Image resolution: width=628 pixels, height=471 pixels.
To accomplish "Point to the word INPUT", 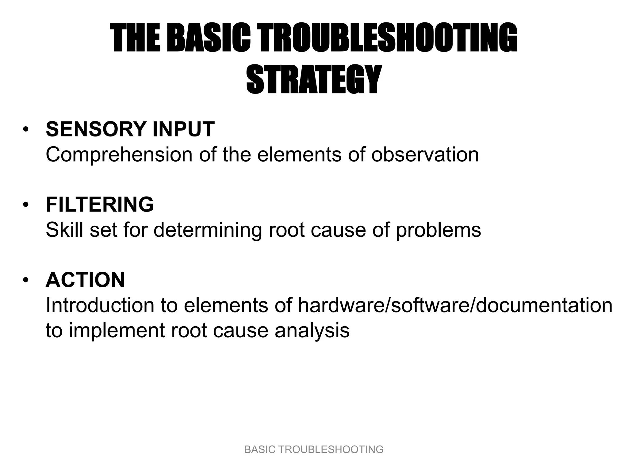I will tap(183, 129).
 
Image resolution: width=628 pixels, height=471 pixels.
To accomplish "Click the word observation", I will tap(425, 154).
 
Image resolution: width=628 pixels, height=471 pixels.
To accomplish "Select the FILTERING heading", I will tap(100, 205).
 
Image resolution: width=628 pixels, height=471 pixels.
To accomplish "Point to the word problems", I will tap(438, 230).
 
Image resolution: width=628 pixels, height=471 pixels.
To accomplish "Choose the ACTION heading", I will tap(85, 280).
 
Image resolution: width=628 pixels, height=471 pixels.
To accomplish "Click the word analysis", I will tap(312, 331).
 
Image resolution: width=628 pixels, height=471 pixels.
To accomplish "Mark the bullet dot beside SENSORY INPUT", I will tap(26, 129).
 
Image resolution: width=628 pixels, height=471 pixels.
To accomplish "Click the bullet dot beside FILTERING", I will tap(26, 205).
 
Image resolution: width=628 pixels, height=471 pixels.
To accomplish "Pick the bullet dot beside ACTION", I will tap(26, 280).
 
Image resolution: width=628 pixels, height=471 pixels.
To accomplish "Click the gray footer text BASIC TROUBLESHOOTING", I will tap(314, 450).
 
